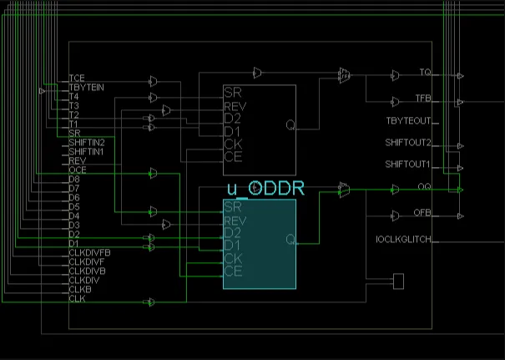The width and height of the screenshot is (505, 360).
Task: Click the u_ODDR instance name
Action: [265, 188]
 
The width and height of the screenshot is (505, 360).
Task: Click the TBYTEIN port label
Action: [86, 87]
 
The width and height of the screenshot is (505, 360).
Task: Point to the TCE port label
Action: [77, 78]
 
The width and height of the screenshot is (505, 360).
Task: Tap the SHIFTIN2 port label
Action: [86, 142]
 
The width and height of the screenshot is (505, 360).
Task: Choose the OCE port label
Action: [77, 170]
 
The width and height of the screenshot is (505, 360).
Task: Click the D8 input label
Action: [74, 179]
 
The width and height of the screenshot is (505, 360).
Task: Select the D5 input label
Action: [74, 206]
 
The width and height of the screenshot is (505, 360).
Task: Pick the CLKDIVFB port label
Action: [89, 252]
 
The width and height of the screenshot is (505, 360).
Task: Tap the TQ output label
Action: [425, 73]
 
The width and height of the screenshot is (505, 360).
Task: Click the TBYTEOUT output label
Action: [408, 120]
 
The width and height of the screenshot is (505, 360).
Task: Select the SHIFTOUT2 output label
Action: [408, 142]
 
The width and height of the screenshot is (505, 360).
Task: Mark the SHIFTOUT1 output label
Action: [408, 164]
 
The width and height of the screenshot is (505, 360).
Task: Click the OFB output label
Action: [423, 212]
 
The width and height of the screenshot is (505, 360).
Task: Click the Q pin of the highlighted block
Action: [290, 240]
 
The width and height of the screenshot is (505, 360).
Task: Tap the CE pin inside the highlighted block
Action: [233, 271]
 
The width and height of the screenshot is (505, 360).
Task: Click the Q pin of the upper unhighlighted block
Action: [290, 125]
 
